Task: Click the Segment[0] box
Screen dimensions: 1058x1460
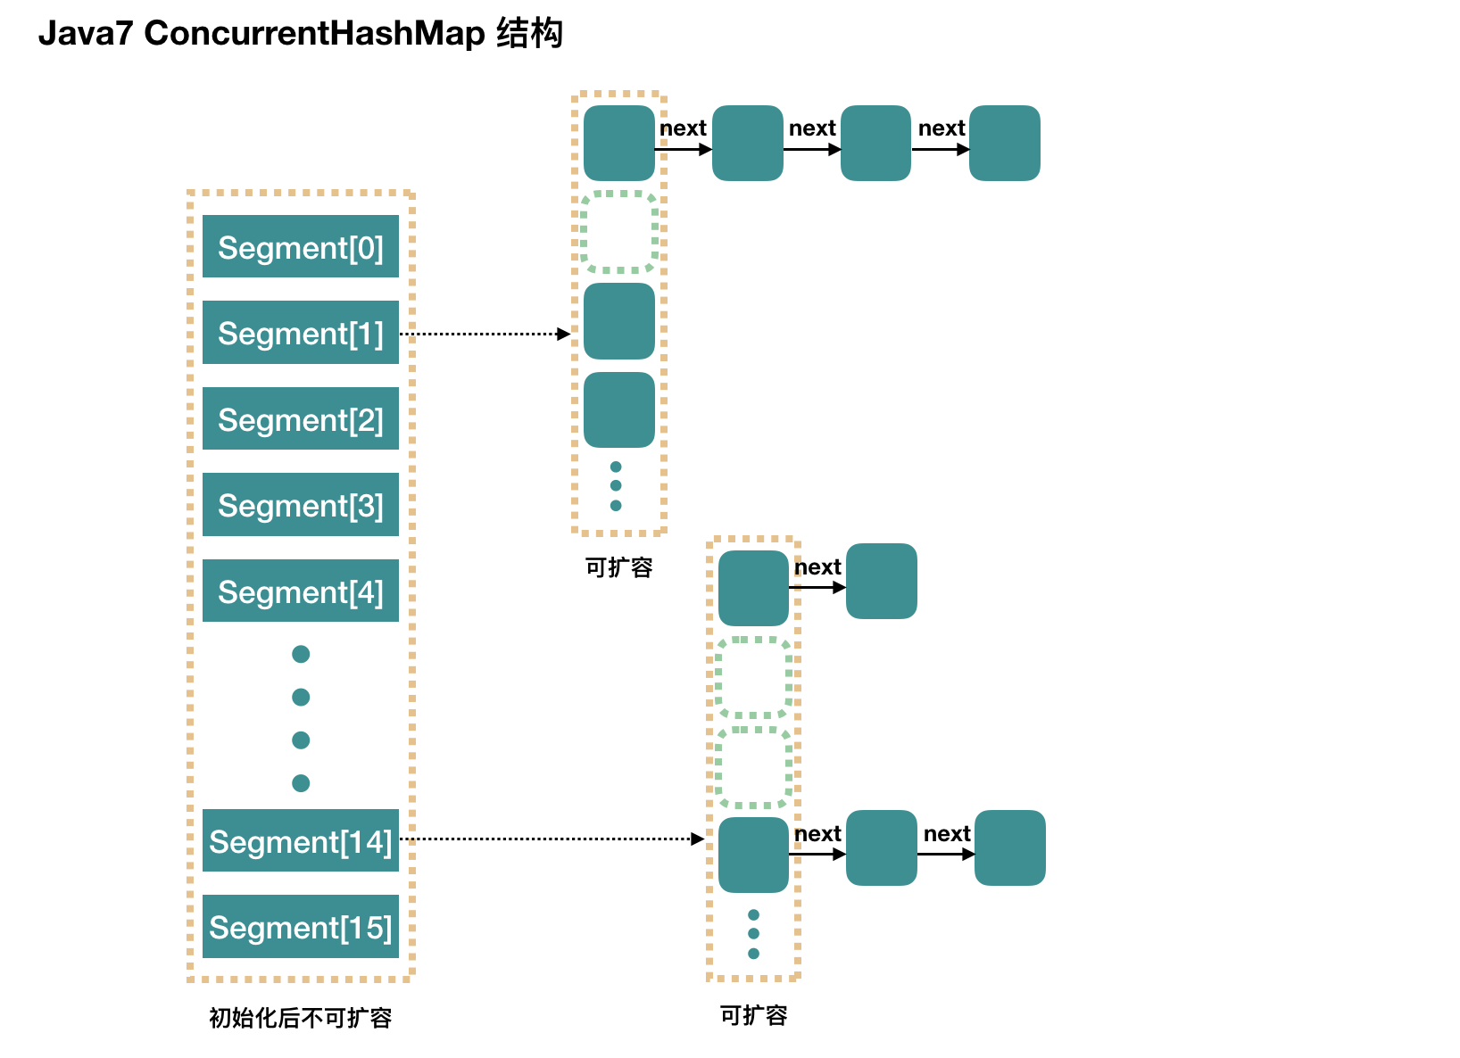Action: (x=300, y=246)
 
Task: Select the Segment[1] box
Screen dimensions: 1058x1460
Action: (x=300, y=333)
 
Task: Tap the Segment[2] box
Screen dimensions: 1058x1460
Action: (x=300, y=418)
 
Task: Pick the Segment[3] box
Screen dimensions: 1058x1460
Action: (x=300, y=505)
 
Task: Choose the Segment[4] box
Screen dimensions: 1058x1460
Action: (x=300, y=591)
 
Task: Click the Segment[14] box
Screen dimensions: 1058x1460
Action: (x=300, y=840)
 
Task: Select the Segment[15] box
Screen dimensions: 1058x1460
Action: (x=300, y=927)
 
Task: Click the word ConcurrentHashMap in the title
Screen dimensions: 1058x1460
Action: (x=314, y=34)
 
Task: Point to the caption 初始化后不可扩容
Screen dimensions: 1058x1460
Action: (x=301, y=1018)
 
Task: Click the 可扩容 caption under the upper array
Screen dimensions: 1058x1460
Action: (x=618, y=567)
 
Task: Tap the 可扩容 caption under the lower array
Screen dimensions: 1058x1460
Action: (x=753, y=1015)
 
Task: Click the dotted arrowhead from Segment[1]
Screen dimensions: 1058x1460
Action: (x=564, y=334)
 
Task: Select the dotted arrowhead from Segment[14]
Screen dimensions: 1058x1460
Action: (x=698, y=839)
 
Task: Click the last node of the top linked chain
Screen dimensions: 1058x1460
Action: (x=1004, y=144)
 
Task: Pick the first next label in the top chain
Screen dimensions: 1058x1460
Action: (x=683, y=128)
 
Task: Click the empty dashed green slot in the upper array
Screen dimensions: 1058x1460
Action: (x=618, y=232)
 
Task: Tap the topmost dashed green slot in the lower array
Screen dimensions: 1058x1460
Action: (x=753, y=677)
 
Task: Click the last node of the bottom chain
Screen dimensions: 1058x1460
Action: (x=1009, y=847)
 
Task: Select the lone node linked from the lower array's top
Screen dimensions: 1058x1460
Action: (x=881, y=582)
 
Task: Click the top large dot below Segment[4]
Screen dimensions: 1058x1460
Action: (x=301, y=655)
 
